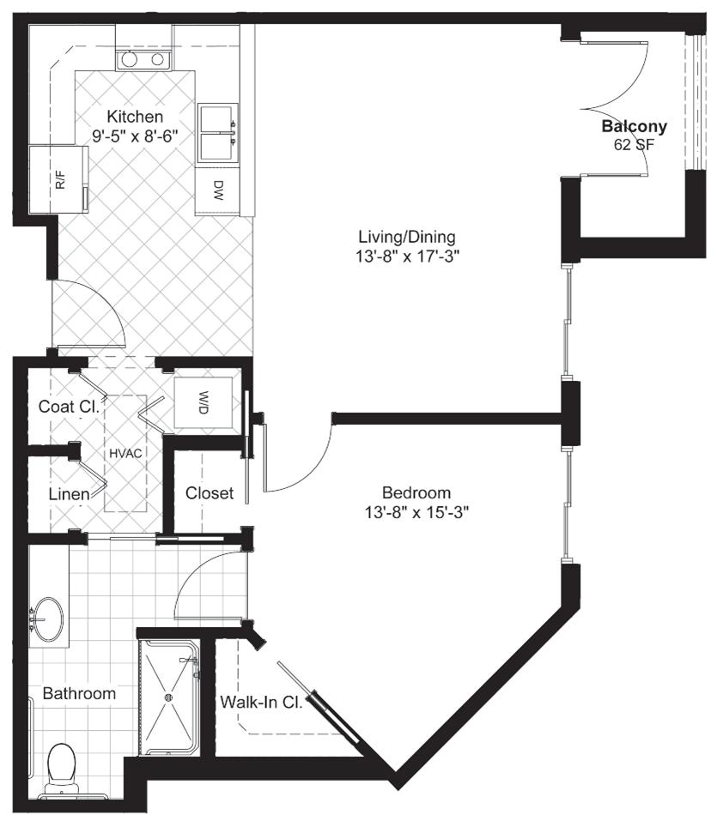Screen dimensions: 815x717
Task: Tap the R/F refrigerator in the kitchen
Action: pyautogui.click(x=59, y=179)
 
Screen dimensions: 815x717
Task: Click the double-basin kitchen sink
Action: pyautogui.click(x=218, y=133)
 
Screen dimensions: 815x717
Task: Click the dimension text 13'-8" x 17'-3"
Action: pyautogui.click(x=406, y=256)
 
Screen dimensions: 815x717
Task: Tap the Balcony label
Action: pyautogui.click(x=634, y=126)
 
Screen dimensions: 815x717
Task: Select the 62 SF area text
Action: pyautogui.click(x=634, y=144)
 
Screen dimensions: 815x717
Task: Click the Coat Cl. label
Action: pyautogui.click(x=69, y=407)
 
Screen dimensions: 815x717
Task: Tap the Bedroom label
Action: pyautogui.click(x=416, y=492)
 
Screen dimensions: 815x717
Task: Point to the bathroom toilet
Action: pyautogui.click(x=61, y=768)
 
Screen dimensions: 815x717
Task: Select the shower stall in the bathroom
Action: pyautogui.click(x=169, y=696)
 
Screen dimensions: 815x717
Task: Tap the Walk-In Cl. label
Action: pyautogui.click(x=261, y=702)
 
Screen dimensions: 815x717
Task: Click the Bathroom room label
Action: pyautogui.click(x=79, y=693)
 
